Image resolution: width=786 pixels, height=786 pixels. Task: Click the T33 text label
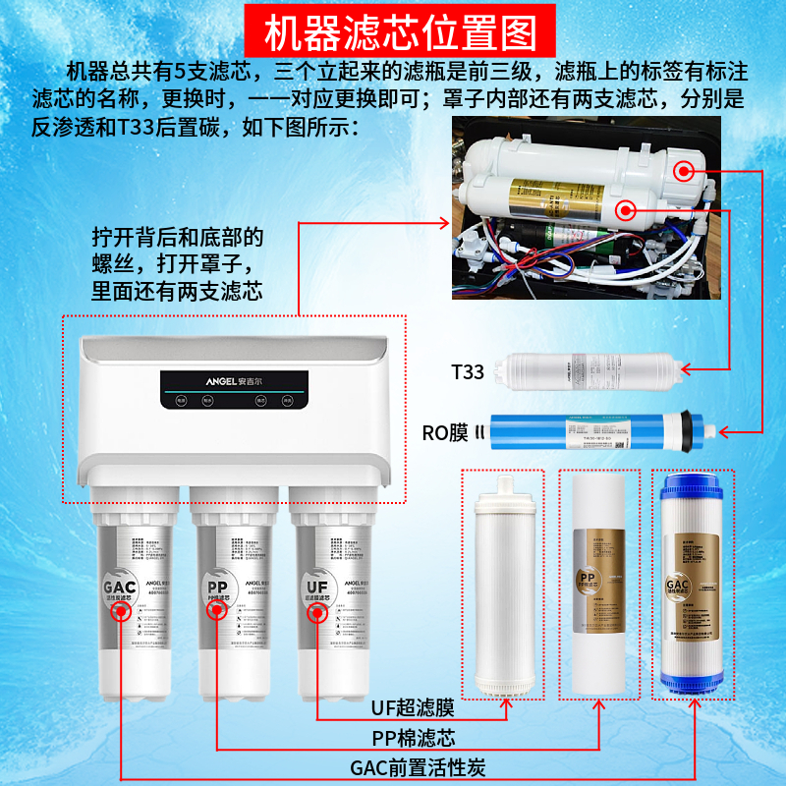(x=468, y=372)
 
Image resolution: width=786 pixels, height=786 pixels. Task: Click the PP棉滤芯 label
(x=414, y=737)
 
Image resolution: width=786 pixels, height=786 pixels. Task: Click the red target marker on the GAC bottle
(x=121, y=612)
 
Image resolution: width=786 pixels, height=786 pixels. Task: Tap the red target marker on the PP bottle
(x=216, y=612)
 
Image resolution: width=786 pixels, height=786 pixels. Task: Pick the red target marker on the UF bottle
(x=315, y=612)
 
